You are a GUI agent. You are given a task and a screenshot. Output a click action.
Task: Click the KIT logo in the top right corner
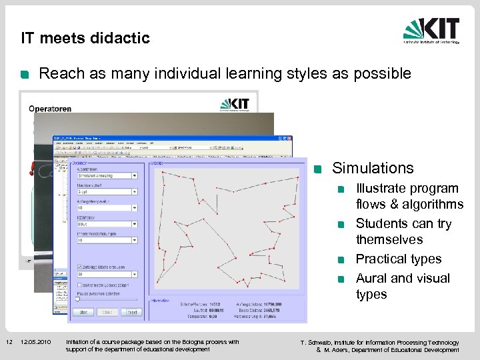click(x=431, y=31)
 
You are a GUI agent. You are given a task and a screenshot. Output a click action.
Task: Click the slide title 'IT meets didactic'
click(x=85, y=38)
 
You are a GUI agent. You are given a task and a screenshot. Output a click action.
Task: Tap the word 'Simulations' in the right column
click(x=373, y=168)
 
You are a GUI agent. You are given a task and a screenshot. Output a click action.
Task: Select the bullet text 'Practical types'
click(x=399, y=259)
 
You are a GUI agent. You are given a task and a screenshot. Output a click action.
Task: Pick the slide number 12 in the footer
click(x=9, y=342)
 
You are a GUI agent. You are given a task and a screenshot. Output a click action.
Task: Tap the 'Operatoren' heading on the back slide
click(x=50, y=109)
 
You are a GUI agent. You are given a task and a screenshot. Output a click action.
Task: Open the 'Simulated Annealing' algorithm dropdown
click(x=134, y=176)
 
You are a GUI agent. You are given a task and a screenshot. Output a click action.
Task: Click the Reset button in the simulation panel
click(x=133, y=312)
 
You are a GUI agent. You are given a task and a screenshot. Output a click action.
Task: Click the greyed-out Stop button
click(x=107, y=312)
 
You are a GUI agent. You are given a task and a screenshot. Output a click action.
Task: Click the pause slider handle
click(x=77, y=300)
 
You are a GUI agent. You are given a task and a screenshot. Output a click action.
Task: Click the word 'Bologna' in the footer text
click(x=184, y=342)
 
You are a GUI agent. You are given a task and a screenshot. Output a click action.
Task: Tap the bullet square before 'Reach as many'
click(x=25, y=75)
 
